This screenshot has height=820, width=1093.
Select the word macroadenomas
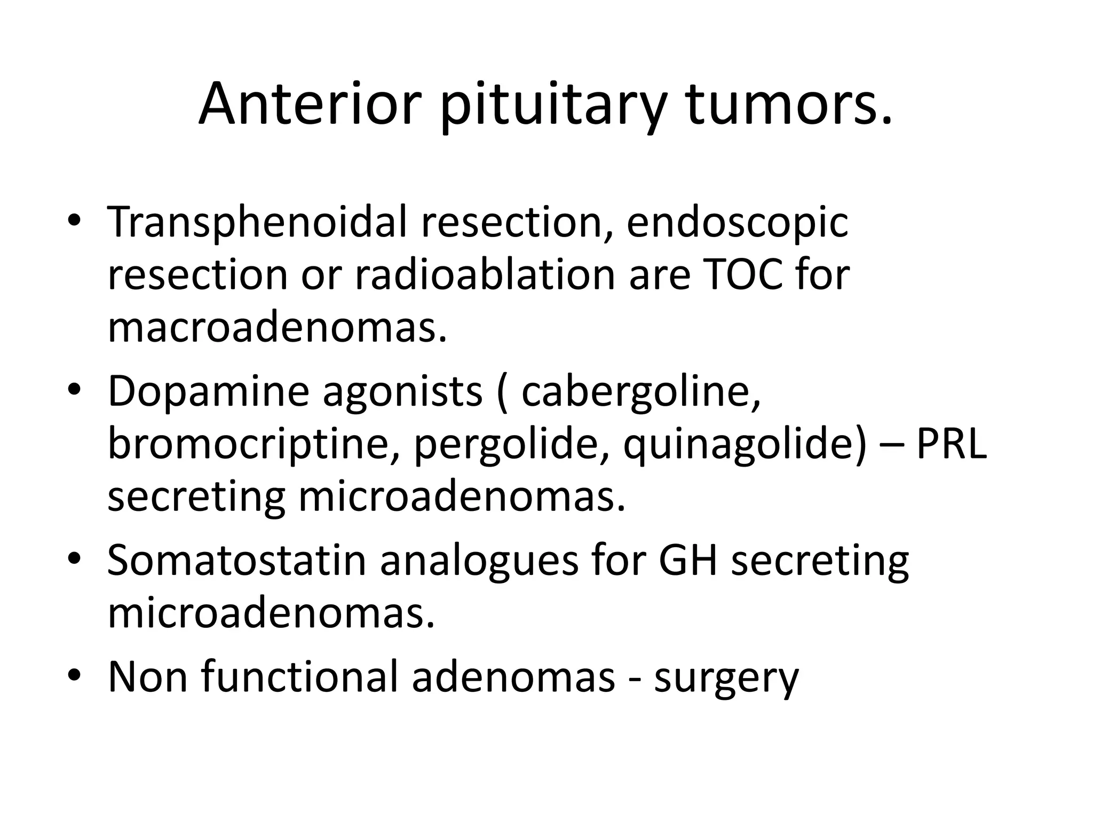coord(276,327)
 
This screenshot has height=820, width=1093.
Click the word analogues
coord(479,562)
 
